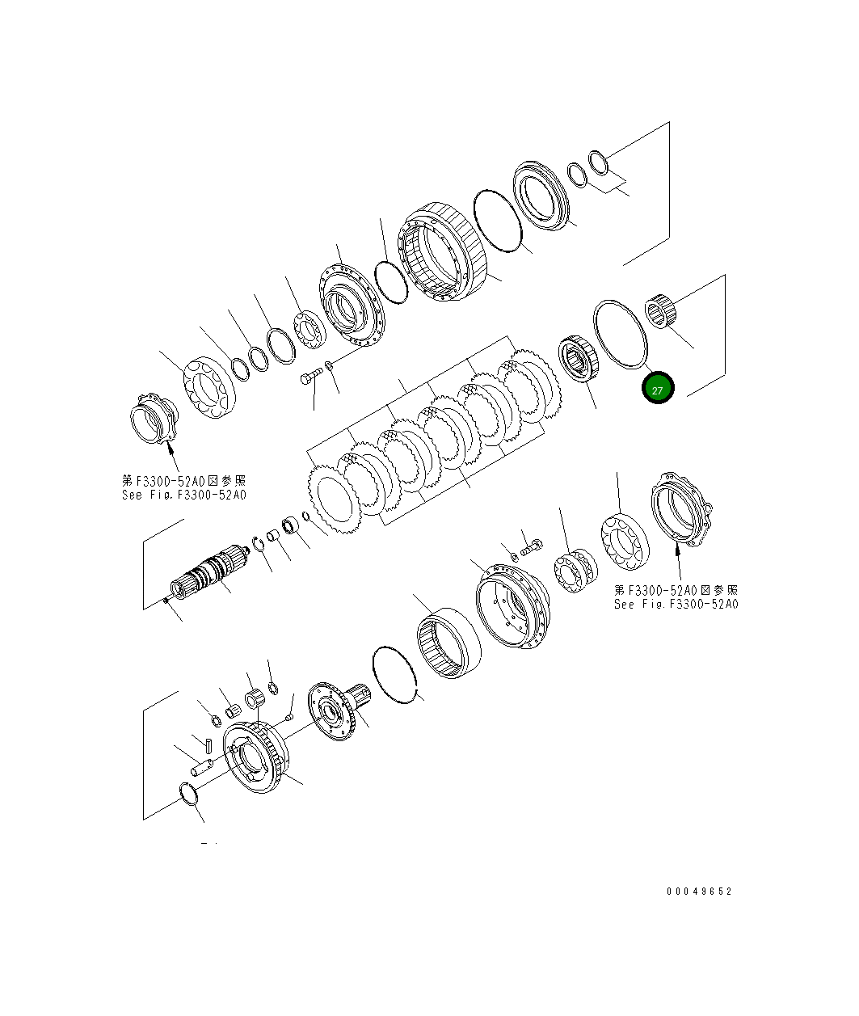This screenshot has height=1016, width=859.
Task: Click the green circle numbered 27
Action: (657, 389)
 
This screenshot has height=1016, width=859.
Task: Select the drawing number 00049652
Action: (699, 892)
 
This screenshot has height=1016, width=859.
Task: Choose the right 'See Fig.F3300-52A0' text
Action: (676, 604)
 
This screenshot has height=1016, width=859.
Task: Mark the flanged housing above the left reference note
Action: (153, 418)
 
